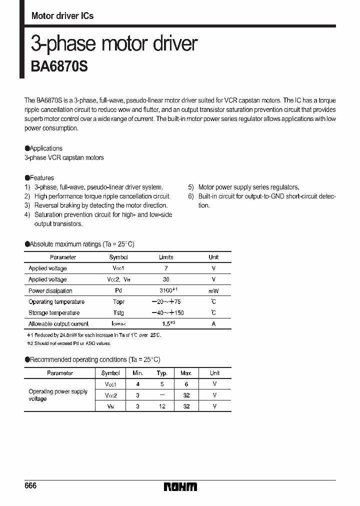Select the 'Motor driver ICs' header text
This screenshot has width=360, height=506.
(x=62, y=16)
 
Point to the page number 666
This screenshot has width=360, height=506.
(x=30, y=486)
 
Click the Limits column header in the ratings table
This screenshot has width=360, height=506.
(x=166, y=257)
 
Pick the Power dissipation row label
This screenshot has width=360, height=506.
(x=50, y=291)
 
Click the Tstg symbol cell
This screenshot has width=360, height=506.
(x=118, y=313)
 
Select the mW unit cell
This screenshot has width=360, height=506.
(x=213, y=291)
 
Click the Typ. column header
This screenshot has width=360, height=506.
(x=162, y=373)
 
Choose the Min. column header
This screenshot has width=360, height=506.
(x=138, y=373)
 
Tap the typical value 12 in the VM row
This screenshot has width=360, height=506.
(x=162, y=406)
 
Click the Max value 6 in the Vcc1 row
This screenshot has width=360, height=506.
(x=186, y=384)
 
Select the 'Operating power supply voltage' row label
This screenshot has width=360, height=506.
(x=58, y=395)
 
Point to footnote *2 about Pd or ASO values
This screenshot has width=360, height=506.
(x=68, y=343)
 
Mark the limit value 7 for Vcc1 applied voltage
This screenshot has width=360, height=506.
(x=166, y=268)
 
